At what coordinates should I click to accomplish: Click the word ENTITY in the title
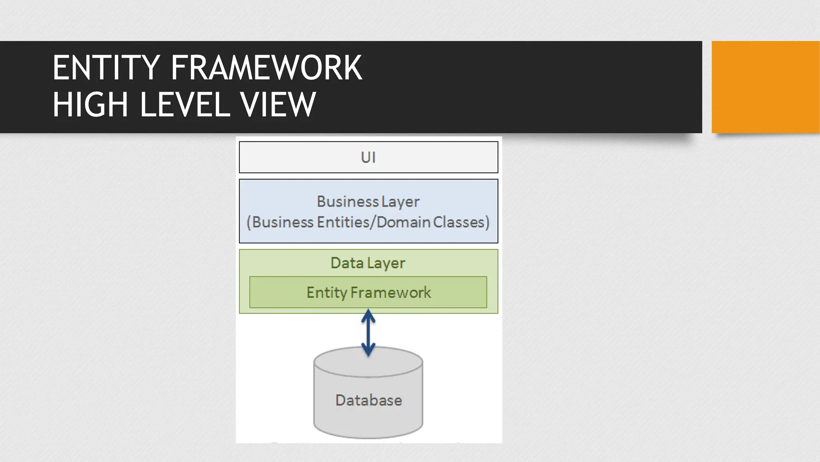[x=107, y=68]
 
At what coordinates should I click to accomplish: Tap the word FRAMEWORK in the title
[x=266, y=68]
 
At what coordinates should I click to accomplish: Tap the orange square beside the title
[x=765, y=87]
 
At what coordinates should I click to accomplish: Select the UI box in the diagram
[x=368, y=157]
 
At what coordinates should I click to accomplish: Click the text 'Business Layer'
[x=368, y=201]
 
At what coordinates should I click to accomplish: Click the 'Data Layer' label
[x=368, y=263]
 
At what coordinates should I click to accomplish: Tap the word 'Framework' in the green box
[x=391, y=292]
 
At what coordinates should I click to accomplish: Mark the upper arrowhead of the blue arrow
[x=368, y=316]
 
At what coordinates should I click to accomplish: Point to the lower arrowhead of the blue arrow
[x=368, y=351]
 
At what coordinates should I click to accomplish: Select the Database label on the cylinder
[x=368, y=400]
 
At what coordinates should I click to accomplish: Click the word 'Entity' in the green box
[x=327, y=292]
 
